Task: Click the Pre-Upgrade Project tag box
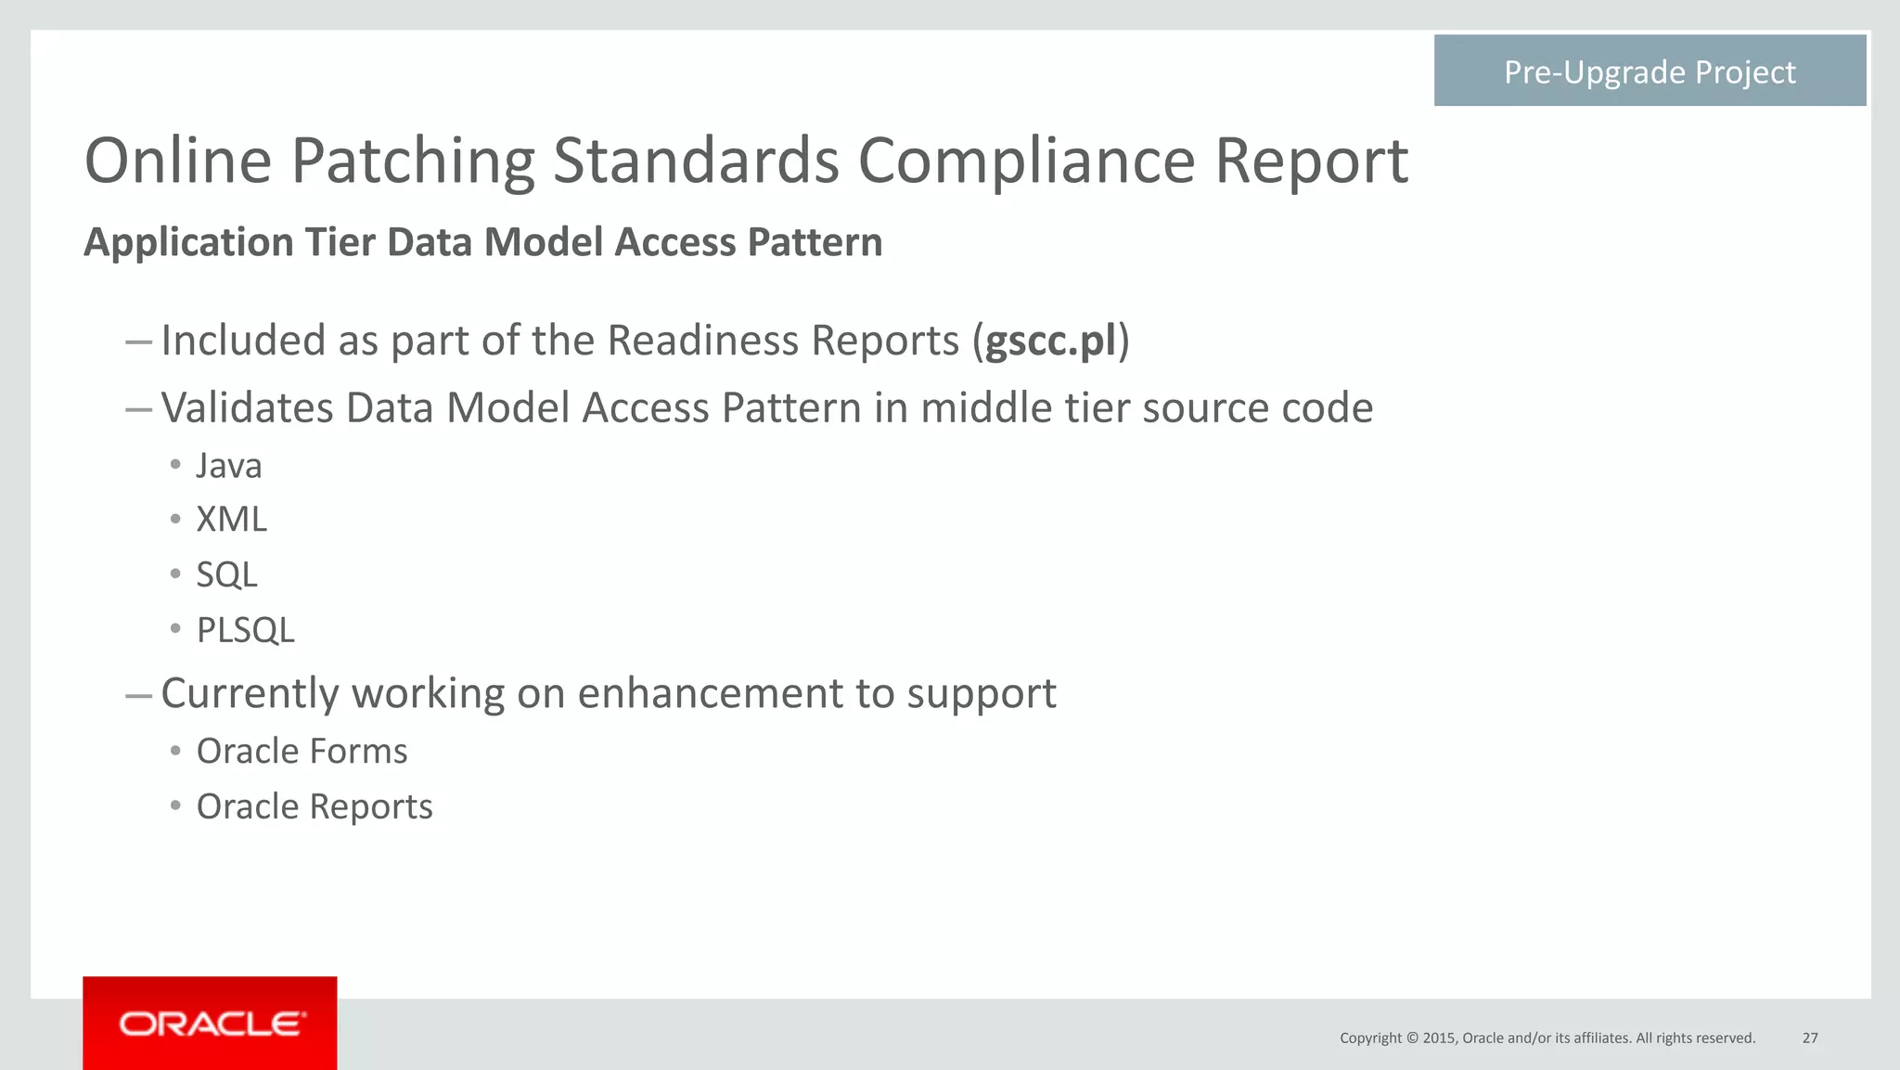pos(1650,71)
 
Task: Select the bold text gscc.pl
pos(1050,341)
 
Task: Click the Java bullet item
pos(229,466)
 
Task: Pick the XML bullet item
pos(232,520)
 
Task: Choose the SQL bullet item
pos(226,575)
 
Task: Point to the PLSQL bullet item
pos(245,631)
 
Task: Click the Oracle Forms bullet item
pos(302,751)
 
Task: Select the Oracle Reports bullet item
pos(315,806)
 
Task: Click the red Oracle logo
pos(211,1024)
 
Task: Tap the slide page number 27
pos(1810,1038)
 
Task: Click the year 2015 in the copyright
pos(1440,1038)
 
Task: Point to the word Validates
pos(247,408)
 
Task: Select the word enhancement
pos(709,694)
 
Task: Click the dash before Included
pos(138,342)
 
